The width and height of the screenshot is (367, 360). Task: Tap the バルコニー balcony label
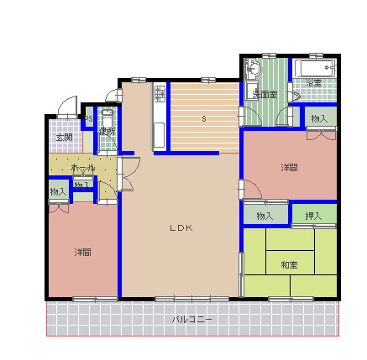click(x=192, y=319)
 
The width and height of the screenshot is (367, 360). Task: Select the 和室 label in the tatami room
click(x=290, y=265)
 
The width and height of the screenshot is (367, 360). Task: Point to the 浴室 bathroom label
click(x=314, y=83)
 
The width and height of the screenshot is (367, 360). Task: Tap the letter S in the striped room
click(x=204, y=119)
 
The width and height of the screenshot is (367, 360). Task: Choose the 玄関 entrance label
click(x=64, y=137)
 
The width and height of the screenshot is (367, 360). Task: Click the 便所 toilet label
click(x=107, y=131)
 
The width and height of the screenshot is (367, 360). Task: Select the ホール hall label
click(x=82, y=168)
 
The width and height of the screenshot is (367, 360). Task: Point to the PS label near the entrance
click(x=87, y=118)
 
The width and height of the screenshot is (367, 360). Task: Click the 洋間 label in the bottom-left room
click(x=82, y=252)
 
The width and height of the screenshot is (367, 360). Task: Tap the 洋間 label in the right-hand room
click(x=289, y=168)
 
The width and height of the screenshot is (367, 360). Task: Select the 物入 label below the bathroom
click(x=319, y=119)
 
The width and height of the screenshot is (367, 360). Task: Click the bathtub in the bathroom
click(x=315, y=67)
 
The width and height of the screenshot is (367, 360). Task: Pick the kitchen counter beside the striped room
click(x=159, y=117)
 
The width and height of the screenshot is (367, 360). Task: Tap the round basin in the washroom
click(x=254, y=70)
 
